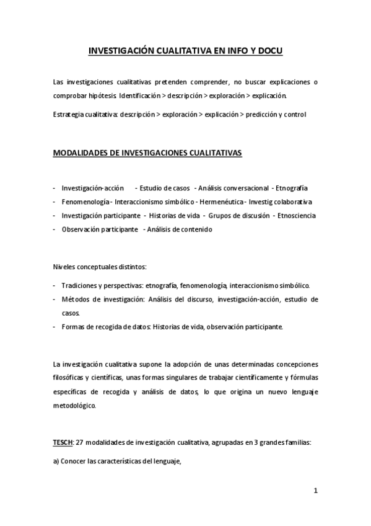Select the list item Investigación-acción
click(x=93, y=188)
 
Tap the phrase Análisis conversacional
click(x=233, y=188)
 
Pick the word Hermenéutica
click(x=221, y=202)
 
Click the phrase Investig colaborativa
click(x=281, y=202)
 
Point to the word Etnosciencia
click(x=296, y=216)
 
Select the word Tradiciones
click(x=79, y=285)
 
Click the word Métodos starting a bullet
click(x=76, y=299)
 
